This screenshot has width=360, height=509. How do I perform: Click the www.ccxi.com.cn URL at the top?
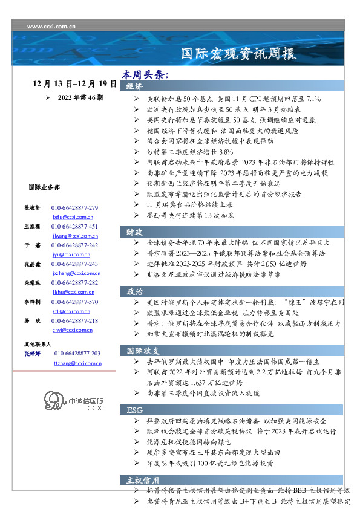52,27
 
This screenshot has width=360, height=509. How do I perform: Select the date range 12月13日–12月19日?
75,83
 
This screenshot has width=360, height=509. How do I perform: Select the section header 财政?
134,232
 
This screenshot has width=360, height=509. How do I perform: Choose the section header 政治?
134,291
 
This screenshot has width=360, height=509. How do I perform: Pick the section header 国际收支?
143,351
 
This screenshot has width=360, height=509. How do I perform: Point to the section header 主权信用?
143,481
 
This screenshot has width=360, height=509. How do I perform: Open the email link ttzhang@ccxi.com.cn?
77,363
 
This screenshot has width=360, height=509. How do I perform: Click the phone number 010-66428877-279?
74,207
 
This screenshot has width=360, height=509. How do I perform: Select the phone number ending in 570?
74,302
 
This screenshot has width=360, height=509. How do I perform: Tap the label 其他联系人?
38,343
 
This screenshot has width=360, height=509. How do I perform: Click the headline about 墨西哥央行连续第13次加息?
191,215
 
